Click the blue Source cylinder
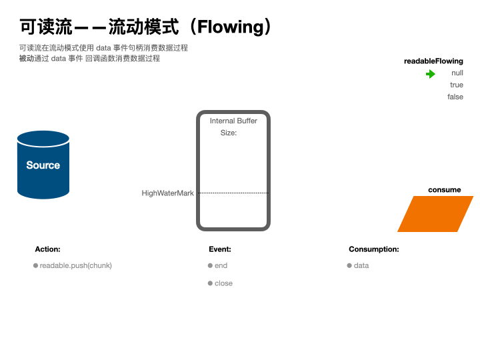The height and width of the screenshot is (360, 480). point(43,165)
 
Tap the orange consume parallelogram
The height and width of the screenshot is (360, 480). point(435,214)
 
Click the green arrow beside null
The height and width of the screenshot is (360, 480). point(431,74)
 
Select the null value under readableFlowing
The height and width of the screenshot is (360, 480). point(457,73)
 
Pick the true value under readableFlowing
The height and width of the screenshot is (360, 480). point(457,85)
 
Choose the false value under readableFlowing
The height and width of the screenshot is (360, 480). point(455,97)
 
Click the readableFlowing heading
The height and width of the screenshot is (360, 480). point(433,61)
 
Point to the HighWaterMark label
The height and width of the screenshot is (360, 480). point(167,193)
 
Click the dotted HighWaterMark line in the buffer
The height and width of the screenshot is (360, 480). point(233,193)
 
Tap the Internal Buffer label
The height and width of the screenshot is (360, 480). point(233,121)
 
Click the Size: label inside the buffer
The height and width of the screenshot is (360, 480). point(229,133)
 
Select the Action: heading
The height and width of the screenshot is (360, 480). point(47,249)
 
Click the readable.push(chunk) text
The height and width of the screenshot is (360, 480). point(75,265)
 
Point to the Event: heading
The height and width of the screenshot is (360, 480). point(220,249)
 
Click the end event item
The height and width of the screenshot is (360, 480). point(221,265)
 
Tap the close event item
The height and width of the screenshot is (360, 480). point(223,283)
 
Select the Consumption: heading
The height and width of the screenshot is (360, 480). point(374,249)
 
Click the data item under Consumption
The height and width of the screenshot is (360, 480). point(361,265)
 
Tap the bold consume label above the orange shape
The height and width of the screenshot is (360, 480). point(445,190)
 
